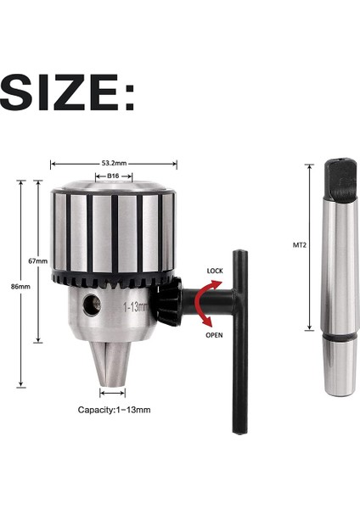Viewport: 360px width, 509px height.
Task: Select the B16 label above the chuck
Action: [113, 176]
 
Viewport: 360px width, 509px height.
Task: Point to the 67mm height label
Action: [37, 260]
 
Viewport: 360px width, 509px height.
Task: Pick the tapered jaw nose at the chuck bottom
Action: [112, 360]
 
